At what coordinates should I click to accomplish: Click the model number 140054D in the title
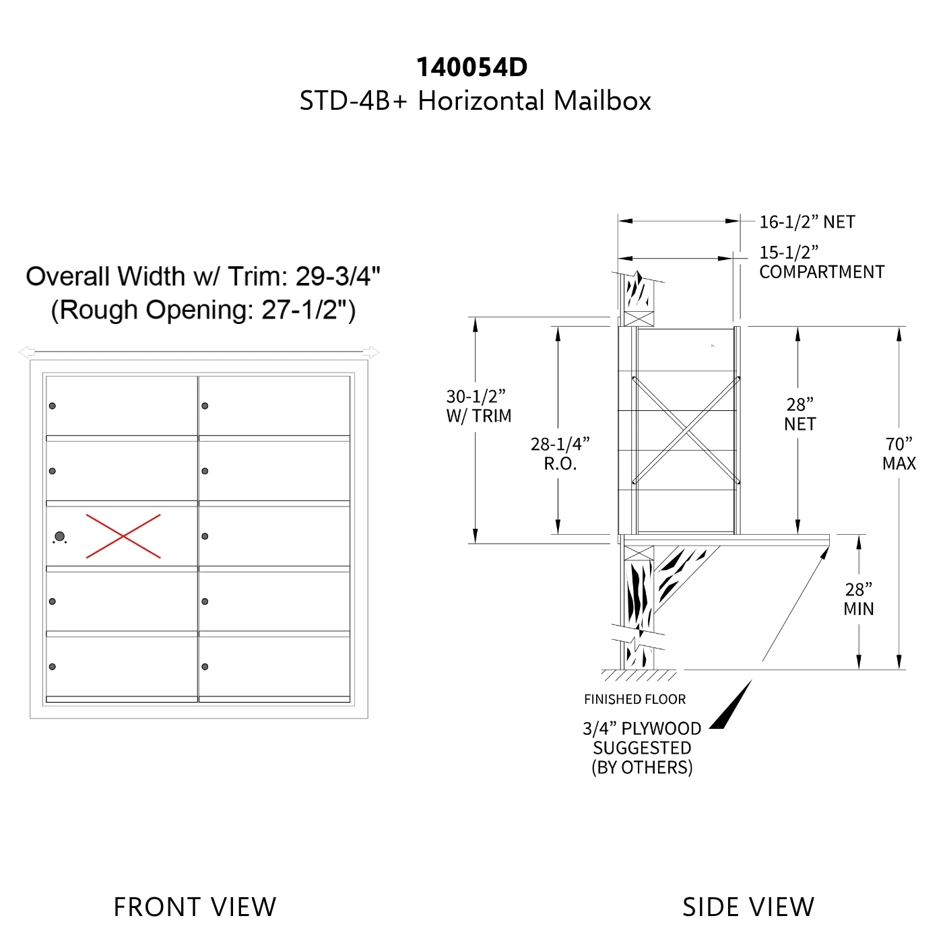pyautogui.click(x=471, y=67)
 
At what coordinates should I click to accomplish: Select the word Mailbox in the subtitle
pyautogui.click(x=602, y=101)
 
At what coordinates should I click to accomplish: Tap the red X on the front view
pyautogui.click(x=123, y=536)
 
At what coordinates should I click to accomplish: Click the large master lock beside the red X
pyautogui.click(x=60, y=536)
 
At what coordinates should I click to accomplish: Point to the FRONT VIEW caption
pyautogui.click(x=195, y=907)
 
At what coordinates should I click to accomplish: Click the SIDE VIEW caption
pyautogui.click(x=748, y=907)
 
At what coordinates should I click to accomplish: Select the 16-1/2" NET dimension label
pyautogui.click(x=807, y=222)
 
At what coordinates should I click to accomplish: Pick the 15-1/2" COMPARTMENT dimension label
pyautogui.click(x=822, y=262)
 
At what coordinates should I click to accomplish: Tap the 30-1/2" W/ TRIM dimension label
pyautogui.click(x=479, y=405)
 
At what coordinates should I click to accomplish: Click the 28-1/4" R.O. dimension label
pyautogui.click(x=560, y=453)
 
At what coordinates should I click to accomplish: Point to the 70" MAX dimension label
pyautogui.click(x=899, y=453)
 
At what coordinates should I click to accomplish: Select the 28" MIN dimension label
pyautogui.click(x=858, y=599)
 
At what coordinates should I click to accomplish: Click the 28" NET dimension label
pyautogui.click(x=800, y=414)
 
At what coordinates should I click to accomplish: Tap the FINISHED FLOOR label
pyautogui.click(x=635, y=699)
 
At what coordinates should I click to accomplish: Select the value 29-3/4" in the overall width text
pyautogui.click(x=337, y=276)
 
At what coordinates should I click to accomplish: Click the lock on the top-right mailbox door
pyautogui.click(x=205, y=405)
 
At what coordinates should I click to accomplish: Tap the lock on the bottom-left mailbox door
pyautogui.click(x=53, y=667)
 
